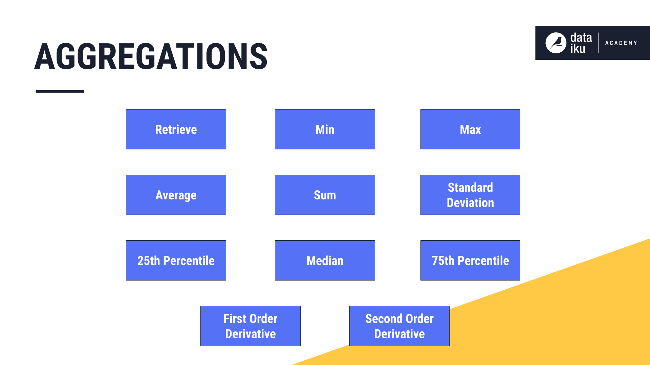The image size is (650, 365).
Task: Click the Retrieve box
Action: [x=176, y=129]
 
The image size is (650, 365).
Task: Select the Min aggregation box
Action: [x=325, y=129]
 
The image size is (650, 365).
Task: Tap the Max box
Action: [x=470, y=129]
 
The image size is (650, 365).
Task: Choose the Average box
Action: [x=176, y=195]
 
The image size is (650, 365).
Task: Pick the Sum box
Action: [x=325, y=195]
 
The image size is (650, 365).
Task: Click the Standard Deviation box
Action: [x=470, y=195]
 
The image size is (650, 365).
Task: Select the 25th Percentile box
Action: [x=176, y=260]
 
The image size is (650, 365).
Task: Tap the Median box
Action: [x=325, y=260]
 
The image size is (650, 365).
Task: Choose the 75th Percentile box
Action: [x=470, y=260]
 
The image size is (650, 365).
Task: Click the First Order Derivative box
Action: [x=250, y=326]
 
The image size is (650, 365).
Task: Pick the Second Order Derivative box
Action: [x=399, y=326]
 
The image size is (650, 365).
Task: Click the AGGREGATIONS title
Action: [x=151, y=56]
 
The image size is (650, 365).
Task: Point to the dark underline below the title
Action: [x=60, y=91]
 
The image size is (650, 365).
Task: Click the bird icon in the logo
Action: [x=556, y=43]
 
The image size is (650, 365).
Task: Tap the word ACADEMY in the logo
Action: [x=621, y=43]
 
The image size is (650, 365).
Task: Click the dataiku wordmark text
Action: [x=581, y=43]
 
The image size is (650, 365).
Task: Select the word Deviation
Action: [x=470, y=203]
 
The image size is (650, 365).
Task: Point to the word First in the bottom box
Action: [x=235, y=319]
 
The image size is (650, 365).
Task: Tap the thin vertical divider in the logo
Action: [x=599, y=43]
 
